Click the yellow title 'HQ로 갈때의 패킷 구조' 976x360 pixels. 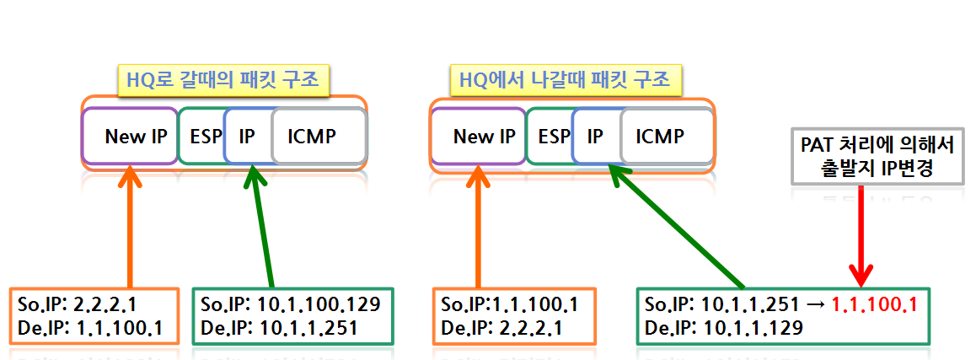pyautogui.click(x=223, y=82)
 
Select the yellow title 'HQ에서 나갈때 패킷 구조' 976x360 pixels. pyautogui.click(x=565, y=82)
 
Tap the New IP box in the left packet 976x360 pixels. pyautogui.click(x=131, y=136)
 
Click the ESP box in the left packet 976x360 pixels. pyautogui.click(x=202, y=136)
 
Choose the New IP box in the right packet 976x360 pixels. pyautogui.click(x=479, y=136)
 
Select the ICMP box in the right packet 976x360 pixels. pyautogui.click(x=664, y=136)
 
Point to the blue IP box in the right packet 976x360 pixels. pyautogui.click(x=596, y=136)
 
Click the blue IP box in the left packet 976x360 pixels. pyautogui.click(x=247, y=136)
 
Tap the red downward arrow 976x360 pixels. pyautogui.click(x=861, y=236)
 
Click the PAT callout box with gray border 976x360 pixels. pyautogui.click(x=876, y=157)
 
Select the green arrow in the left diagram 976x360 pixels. pyautogui.click(x=264, y=228)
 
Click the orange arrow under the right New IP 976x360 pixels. pyautogui.click(x=479, y=228)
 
